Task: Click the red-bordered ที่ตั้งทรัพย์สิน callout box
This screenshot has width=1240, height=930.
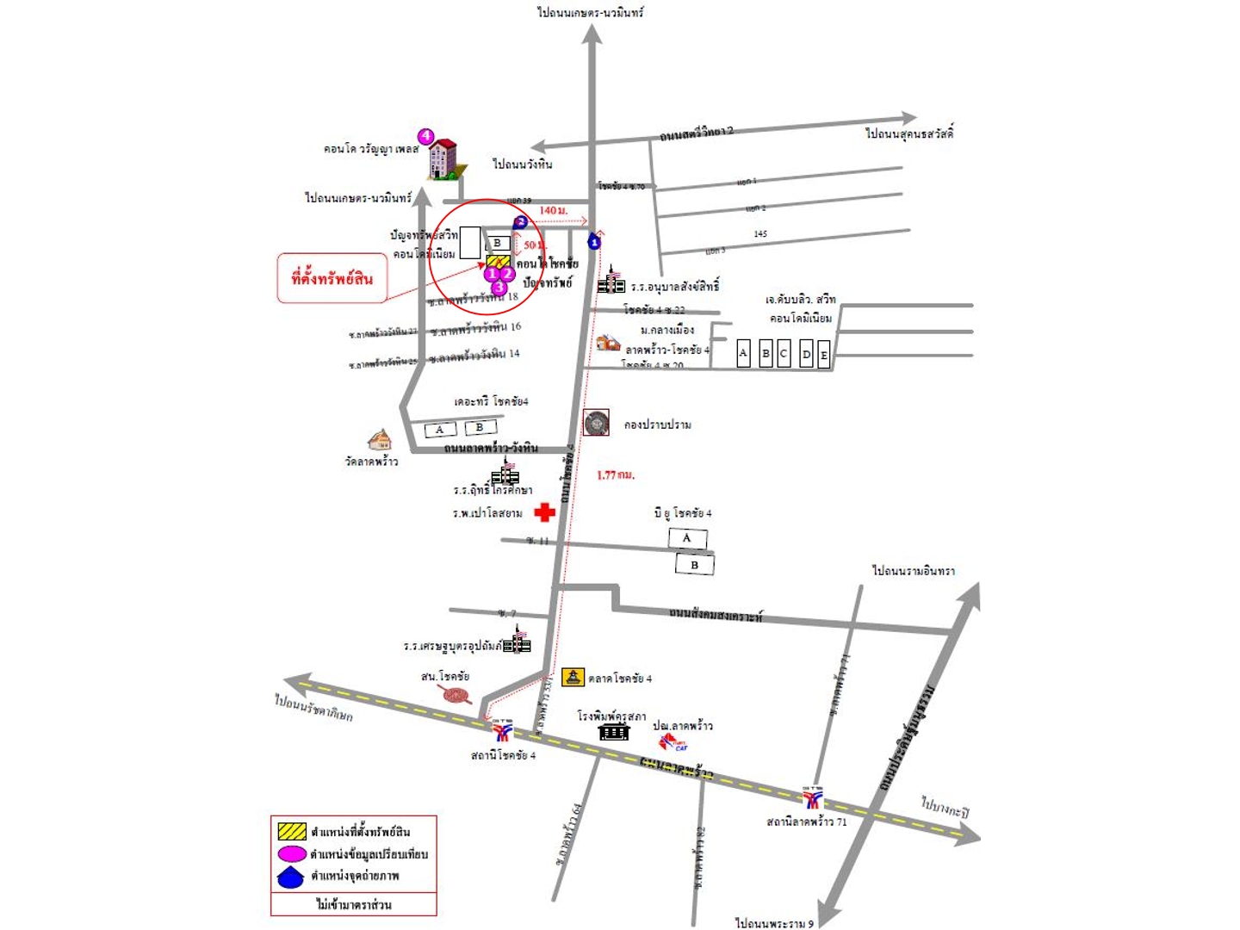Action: tap(332, 278)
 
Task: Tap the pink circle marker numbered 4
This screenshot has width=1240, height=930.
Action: tap(425, 136)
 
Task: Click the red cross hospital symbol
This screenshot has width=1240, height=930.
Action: tap(544, 512)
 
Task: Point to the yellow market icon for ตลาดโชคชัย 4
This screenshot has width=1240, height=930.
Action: tap(573, 678)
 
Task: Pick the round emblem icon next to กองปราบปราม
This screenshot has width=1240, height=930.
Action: tap(596, 423)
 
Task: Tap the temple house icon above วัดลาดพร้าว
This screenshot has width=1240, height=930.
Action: tap(379, 440)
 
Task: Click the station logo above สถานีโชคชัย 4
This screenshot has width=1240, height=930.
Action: tap(502, 730)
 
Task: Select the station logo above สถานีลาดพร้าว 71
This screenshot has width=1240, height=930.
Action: tap(813, 798)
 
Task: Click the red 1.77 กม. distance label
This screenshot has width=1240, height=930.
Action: tap(616, 474)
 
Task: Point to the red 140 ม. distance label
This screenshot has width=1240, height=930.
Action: tap(554, 210)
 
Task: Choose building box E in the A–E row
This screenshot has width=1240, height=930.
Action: tap(824, 354)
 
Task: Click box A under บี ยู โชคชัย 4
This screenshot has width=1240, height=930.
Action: tap(687, 538)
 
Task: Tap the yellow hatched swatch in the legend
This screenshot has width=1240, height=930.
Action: tap(292, 832)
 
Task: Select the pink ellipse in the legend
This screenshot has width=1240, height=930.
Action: tap(292, 854)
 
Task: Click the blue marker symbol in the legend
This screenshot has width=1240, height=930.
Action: tap(292, 877)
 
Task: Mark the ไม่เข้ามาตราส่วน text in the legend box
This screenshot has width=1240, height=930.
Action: tap(353, 904)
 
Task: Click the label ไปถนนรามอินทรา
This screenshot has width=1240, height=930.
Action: tap(913, 571)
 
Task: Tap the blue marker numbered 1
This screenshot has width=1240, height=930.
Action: tap(594, 242)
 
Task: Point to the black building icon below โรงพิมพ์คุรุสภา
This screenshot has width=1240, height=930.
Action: tap(613, 731)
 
